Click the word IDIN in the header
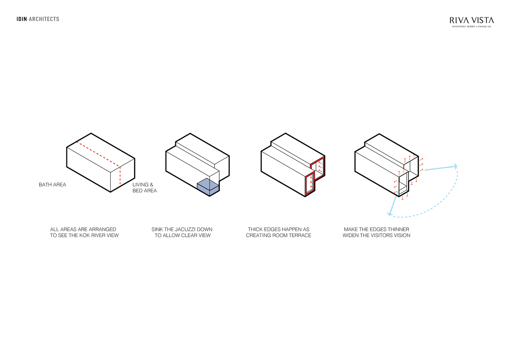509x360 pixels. pos(22,19)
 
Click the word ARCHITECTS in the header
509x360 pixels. pos(44,19)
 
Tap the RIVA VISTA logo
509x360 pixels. pos(472,22)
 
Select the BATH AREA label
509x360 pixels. pos(52,185)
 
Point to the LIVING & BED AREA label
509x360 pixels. pos(144,188)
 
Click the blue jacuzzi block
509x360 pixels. pos(208,187)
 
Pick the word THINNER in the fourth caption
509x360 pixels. pos(398,230)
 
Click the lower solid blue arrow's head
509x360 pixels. pos(390,213)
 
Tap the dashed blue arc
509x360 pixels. pos(443,203)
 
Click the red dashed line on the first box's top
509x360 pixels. pos(98,154)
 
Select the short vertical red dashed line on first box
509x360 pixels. pos(120,176)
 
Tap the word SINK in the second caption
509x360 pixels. pos(157,230)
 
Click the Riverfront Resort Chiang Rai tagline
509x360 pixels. pos(472,27)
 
